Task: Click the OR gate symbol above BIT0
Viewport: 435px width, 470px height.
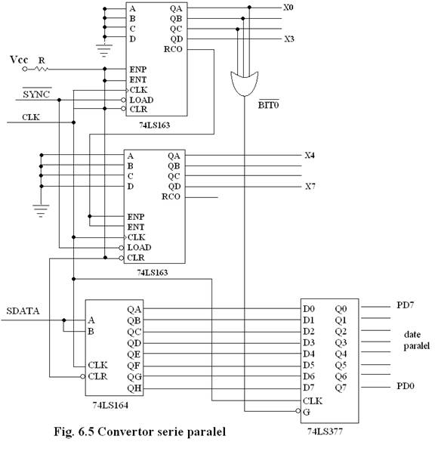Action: [x=244, y=84]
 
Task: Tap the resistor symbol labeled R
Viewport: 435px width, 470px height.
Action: [x=42, y=69]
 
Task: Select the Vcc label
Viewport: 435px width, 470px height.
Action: [x=19, y=60]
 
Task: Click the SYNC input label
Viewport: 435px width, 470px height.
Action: [x=36, y=94]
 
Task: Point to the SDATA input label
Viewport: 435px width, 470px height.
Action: [x=23, y=311]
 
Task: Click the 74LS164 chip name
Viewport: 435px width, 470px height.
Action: [x=110, y=405]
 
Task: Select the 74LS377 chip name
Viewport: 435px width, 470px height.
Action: [x=325, y=431]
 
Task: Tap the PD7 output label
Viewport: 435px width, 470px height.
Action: [x=405, y=305]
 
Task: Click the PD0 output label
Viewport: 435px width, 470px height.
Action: [x=406, y=386]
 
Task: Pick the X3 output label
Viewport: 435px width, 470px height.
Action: [x=289, y=39]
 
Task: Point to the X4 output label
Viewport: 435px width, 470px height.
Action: [x=310, y=155]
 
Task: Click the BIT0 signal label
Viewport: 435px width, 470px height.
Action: [x=268, y=105]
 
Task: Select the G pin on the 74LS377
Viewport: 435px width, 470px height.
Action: [x=306, y=412]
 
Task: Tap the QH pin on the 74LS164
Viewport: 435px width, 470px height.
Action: [x=134, y=388]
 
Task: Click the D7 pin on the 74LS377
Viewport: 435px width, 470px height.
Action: [x=309, y=388]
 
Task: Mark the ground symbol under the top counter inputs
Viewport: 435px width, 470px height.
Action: [x=104, y=51]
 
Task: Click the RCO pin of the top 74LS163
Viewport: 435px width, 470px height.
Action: [x=173, y=49]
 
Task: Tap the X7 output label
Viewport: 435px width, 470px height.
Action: [x=310, y=187]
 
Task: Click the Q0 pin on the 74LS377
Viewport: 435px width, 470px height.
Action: [x=341, y=309]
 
